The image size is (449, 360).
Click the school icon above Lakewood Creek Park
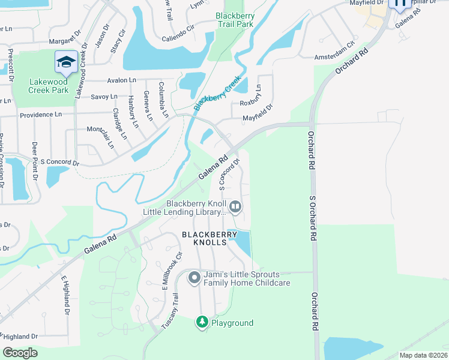coord(65,61)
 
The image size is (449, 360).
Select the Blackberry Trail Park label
coord(235,20)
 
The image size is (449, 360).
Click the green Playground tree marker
coord(203,323)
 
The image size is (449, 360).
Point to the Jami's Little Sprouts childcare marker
coord(194,278)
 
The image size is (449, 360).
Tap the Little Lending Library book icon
coord(235,208)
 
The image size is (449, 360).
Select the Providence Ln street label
coord(41,115)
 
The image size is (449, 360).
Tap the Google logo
coord(20,353)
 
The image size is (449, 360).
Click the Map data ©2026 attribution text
coord(423,355)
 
